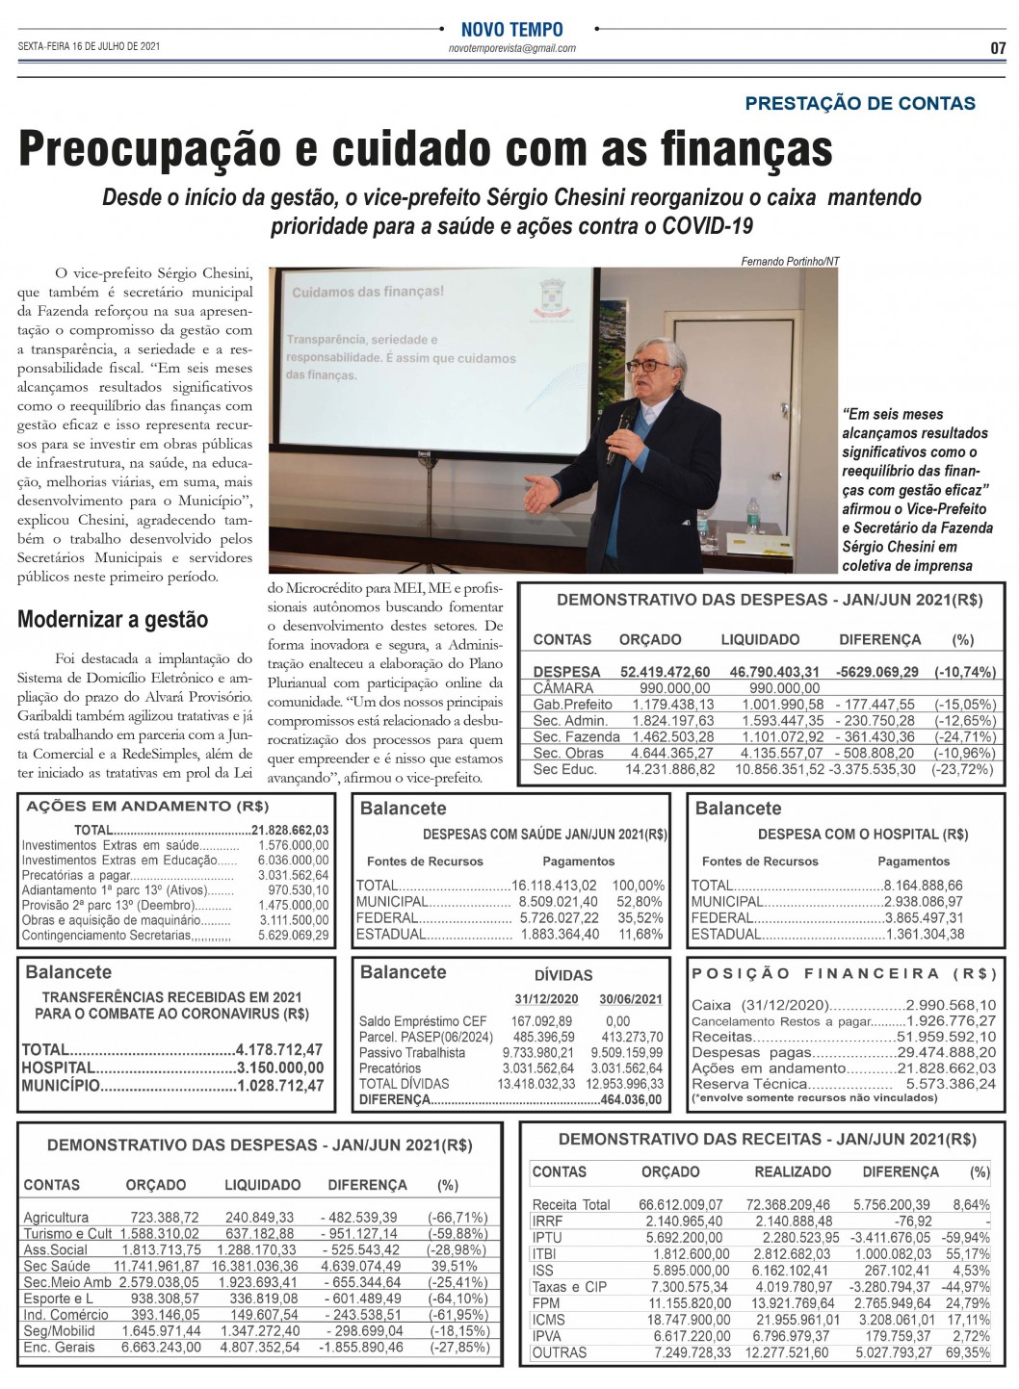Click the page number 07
pyautogui.click(x=997, y=47)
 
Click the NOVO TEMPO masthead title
pyautogui.click(x=512, y=30)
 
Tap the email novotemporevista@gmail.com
pyautogui.click(x=512, y=48)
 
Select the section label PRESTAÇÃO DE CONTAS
pyautogui.click(x=860, y=103)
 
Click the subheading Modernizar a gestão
pyautogui.click(x=113, y=619)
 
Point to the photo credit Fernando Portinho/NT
pyautogui.click(x=790, y=261)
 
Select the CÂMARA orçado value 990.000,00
pyautogui.click(x=675, y=688)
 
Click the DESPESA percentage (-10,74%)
pyautogui.click(x=964, y=672)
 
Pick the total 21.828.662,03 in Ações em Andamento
pyautogui.click(x=291, y=830)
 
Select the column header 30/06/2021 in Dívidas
pyautogui.click(x=631, y=999)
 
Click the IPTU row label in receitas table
pyautogui.click(x=547, y=1238)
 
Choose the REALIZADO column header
pyautogui.click(x=793, y=1172)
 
